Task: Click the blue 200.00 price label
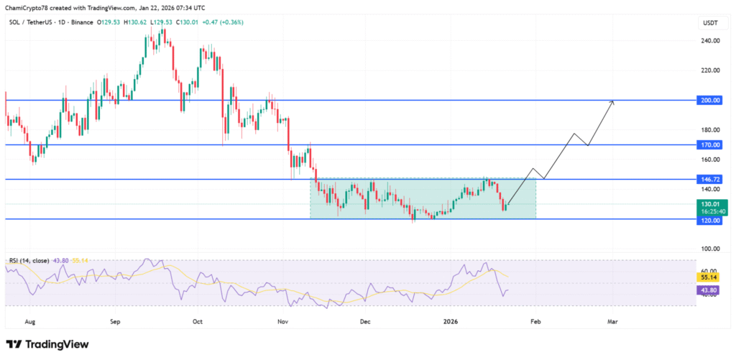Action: [710, 101]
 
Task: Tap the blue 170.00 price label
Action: [710, 144]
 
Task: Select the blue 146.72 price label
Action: [710, 179]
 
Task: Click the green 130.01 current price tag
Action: [710, 205]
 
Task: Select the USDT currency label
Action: [709, 23]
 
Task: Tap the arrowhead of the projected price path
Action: [612, 102]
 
